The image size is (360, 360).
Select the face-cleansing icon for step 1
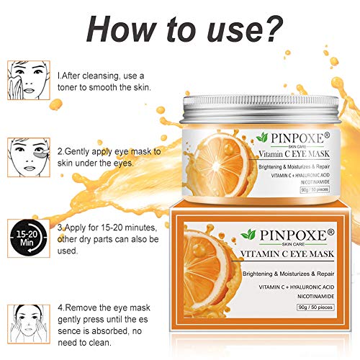pyautogui.click(x=29, y=80)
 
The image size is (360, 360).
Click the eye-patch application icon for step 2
pyautogui.click(x=29, y=157)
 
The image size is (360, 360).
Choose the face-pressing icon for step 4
pyautogui.click(x=29, y=324)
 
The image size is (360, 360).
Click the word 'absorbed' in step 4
pyautogui.click(x=109, y=331)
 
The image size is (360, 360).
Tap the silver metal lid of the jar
pyautogui.click(x=261, y=109)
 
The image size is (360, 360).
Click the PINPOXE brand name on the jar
pyautogui.click(x=297, y=138)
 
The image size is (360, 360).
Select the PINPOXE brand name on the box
pyautogui.click(x=293, y=235)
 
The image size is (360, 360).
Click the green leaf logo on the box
pyautogui.click(x=248, y=234)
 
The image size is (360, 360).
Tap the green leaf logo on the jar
pyautogui.click(x=262, y=138)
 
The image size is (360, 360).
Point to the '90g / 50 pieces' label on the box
pyautogui.click(x=315, y=307)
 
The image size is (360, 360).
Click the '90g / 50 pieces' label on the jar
pyautogui.click(x=315, y=189)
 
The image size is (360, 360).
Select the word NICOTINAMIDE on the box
pyautogui.click(x=316, y=297)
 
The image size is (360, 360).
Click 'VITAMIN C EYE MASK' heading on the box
pyautogui.click(x=287, y=253)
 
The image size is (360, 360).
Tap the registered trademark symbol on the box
pyautogui.click(x=330, y=232)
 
